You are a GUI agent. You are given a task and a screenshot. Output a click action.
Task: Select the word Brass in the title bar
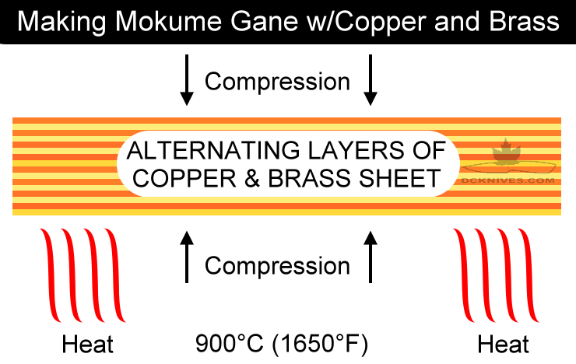tap(527, 22)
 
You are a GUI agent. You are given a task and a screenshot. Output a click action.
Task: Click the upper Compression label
tap(277, 81)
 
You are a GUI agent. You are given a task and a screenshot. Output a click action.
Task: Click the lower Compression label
tap(277, 265)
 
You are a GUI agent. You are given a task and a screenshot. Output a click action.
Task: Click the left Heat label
tap(87, 344)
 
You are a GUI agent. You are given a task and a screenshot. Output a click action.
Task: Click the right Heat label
tap(504, 344)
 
